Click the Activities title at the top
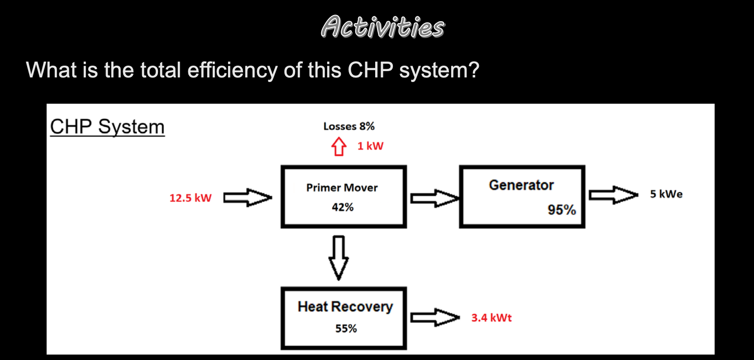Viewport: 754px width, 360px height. (382, 26)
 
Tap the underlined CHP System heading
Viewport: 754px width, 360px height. (107, 126)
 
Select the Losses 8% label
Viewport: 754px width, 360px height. (349, 126)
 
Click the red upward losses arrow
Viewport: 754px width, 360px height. (339, 146)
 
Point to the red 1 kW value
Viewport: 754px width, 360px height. (370, 146)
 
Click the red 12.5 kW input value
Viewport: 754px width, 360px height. (190, 198)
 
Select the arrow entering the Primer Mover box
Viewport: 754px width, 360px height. (248, 197)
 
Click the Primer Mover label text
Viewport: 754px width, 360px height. (342, 187)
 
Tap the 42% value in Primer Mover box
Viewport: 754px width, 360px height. (343, 207)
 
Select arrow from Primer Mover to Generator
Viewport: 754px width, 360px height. (434, 198)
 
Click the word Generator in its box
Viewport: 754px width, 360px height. (521, 185)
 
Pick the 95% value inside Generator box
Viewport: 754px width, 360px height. (561, 210)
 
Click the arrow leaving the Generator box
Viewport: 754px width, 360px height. (613, 195)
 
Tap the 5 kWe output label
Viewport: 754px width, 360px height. (666, 194)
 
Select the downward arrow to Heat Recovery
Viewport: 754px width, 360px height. (339, 257)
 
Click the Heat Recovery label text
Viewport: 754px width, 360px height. (345, 307)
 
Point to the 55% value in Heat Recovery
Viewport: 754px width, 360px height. (346, 328)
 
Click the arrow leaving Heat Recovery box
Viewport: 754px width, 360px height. (434, 317)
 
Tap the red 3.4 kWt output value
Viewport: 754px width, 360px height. (491, 318)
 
